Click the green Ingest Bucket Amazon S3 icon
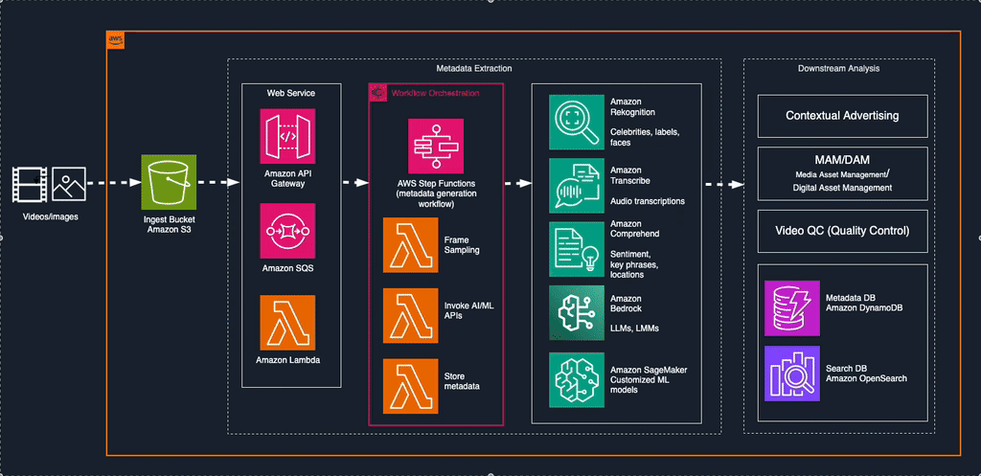[170, 182]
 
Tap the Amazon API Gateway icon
[287, 136]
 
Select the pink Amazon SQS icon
[287, 230]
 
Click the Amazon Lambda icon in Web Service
[287, 322]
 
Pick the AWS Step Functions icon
[436, 147]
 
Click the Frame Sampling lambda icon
[410, 246]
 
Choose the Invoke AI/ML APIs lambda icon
[410, 316]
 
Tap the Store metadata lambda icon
[410, 386]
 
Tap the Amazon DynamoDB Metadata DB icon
[792, 307]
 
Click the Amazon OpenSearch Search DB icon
[792, 374]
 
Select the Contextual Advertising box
[842, 116]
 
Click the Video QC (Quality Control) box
[842, 231]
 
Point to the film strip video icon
[30, 185]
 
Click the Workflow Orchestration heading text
[435, 93]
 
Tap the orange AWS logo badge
[116, 40]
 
